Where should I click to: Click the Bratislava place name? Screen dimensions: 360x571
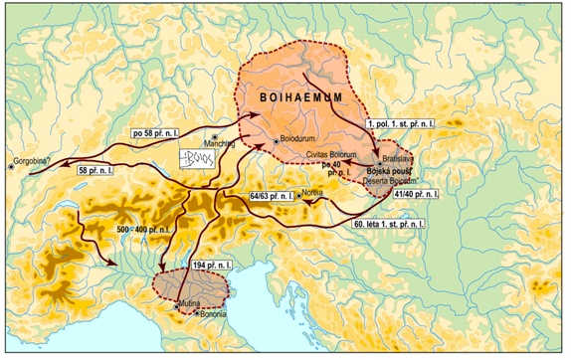(395, 157)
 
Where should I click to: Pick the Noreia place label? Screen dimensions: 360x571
(318, 194)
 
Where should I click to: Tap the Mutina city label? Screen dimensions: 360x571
(191, 300)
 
